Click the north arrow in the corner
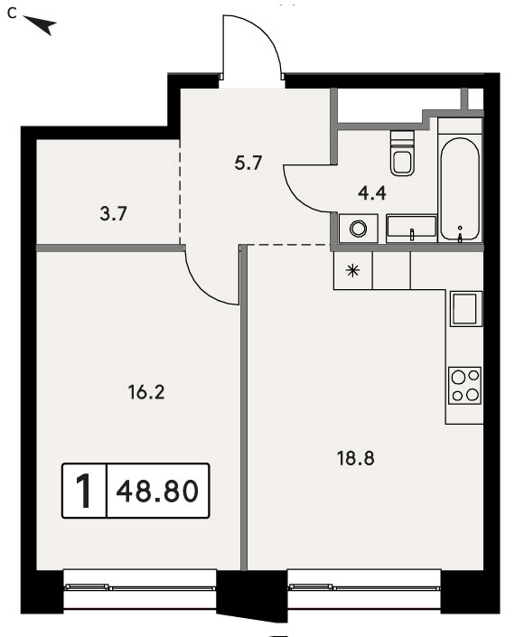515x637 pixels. [x=41, y=24]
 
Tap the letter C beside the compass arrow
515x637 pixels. [x=13, y=14]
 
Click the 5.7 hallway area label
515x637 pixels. [x=248, y=163]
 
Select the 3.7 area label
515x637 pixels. [x=114, y=213]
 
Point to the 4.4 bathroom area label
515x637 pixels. [x=372, y=193]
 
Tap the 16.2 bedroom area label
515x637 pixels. [x=146, y=393]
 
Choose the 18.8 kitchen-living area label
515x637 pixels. [x=356, y=459]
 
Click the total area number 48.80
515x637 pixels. [x=157, y=491]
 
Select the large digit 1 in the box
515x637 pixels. [x=85, y=491]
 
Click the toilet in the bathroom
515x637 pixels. [x=402, y=153]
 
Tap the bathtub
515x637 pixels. [x=460, y=189]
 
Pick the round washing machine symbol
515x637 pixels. [x=358, y=229]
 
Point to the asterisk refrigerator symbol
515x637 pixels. [x=352, y=270]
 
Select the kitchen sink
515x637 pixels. [x=464, y=309]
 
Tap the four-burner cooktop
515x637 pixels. [x=464, y=386]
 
